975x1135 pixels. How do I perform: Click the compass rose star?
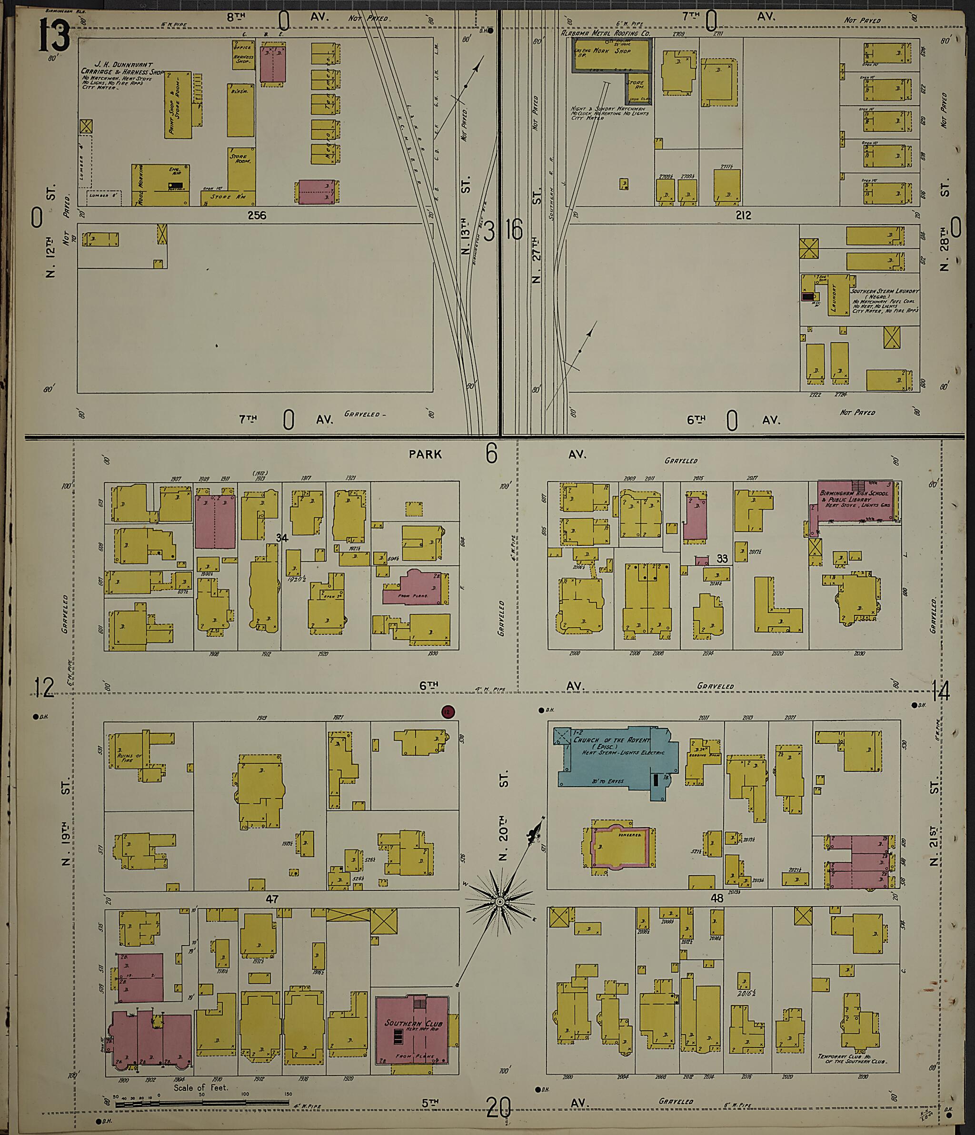click(x=500, y=901)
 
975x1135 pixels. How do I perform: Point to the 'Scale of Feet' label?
click(x=200, y=1087)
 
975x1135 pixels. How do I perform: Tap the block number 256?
click(x=257, y=215)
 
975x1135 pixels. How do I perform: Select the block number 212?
click(x=743, y=215)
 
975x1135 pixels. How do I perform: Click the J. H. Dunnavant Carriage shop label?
click(x=122, y=72)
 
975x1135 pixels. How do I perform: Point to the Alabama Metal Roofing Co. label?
click(x=605, y=33)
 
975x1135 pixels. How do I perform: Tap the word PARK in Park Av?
click(x=425, y=454)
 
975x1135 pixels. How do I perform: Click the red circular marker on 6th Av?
click(x=448, y=712)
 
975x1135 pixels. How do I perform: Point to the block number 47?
click(x=272, y=899)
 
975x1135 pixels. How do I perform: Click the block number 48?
click(x=716, y=898)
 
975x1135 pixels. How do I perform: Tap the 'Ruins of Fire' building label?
click(x=129, y=758)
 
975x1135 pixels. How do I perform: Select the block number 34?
click(x=282, y=538)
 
